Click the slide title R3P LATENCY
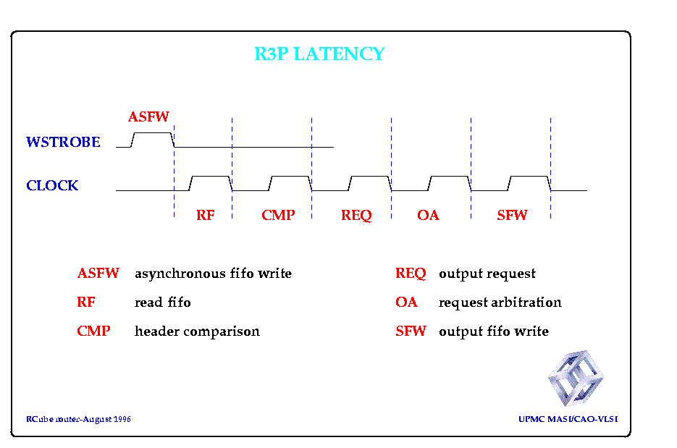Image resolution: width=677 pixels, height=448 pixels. pos(319,54)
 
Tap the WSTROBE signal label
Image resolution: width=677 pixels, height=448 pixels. pos(63,142)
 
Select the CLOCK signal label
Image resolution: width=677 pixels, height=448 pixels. pos(52,185)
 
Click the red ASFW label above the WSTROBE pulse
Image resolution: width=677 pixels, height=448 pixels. pos(148,117)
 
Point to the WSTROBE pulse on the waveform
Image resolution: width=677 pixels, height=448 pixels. pos(152,133)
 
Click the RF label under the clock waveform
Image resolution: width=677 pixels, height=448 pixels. pos(205,215)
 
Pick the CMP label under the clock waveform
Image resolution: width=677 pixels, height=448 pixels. pos(278,215)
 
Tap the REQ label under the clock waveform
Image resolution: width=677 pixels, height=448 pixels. pos(356,215)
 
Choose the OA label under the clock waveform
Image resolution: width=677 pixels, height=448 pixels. pos(428,215)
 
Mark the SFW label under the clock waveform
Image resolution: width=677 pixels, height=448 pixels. pos(512,215)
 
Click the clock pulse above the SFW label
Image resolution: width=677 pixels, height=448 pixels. pos(529,177)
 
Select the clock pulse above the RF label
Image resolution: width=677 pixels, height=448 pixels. pos(211,177)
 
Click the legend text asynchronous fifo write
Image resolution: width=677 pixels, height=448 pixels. pos(214,274)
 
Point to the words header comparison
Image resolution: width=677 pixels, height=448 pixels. pos(198,331)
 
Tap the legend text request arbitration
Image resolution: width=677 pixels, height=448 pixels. pos(500,303)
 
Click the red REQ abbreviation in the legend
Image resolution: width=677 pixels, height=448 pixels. pos(411,274)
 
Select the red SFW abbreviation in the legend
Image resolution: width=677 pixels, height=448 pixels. pos(411,331)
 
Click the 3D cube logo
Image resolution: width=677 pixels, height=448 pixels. pos(576,378)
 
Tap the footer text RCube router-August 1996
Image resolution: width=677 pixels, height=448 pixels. pos(78,419)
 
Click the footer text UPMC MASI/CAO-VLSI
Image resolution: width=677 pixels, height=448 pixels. pos(568,419)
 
